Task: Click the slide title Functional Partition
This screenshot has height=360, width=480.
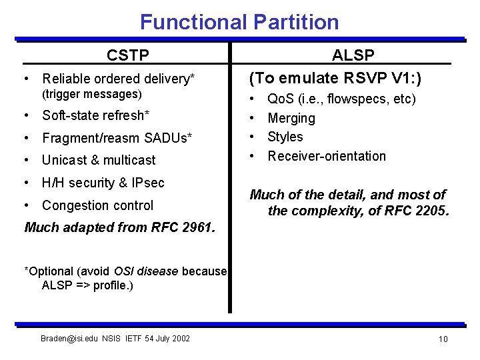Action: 239,22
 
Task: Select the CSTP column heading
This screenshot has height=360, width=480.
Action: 128,55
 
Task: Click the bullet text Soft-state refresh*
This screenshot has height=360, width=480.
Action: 95,115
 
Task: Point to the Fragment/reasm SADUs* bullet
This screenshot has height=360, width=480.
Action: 117,138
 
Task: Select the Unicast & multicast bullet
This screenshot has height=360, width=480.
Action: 99,160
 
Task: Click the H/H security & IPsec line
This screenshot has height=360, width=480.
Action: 103,183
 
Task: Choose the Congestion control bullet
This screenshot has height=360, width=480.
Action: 97,205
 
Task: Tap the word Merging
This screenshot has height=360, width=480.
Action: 291,118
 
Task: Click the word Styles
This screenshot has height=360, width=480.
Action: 285,137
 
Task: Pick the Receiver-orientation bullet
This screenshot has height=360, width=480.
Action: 327,156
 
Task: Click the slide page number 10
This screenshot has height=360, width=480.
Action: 443,339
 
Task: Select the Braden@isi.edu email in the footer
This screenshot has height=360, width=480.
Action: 70,339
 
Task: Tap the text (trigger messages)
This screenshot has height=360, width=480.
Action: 92,94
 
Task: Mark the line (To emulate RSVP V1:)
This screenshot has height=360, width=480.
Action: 335,78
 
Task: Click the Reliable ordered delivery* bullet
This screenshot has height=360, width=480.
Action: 118,79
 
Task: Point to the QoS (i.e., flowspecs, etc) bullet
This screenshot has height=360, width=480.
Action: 341,99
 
